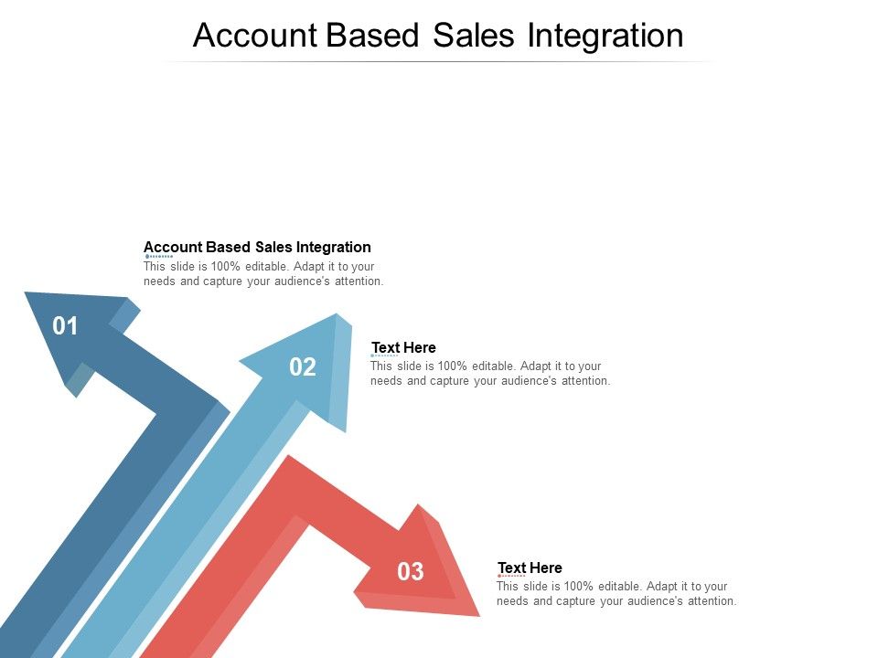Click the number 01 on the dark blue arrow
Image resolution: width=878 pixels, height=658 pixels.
click(x=65, y=326)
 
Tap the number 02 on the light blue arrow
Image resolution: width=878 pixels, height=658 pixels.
click(x=303, y=367)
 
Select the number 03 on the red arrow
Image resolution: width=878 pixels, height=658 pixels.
click(x=411, y=572)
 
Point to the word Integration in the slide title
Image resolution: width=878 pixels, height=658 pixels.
click(x=606, y=35)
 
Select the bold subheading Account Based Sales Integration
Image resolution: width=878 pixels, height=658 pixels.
click(x=257, y=247)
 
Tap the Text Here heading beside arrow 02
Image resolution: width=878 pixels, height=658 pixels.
click(x=403, y=347)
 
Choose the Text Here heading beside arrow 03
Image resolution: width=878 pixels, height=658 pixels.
click(x=530, y=568)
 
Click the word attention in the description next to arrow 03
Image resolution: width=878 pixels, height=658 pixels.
click(x=711, y=601)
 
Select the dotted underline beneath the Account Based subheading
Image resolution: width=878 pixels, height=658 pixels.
click(x=158, y=257)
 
